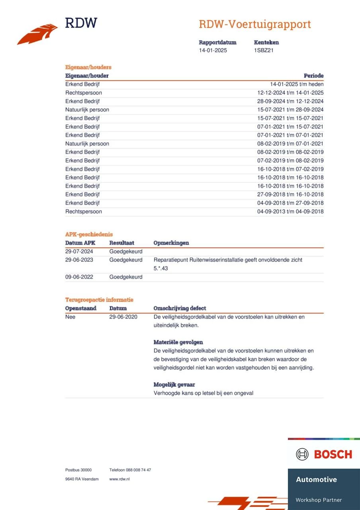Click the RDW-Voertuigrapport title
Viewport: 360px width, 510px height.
coord(254,24)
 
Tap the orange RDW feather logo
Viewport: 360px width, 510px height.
coord(37,34)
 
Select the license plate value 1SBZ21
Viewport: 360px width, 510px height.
coord(264,51)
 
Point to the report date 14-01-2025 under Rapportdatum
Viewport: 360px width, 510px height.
coord(213,51)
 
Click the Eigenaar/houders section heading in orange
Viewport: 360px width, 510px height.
coord(88,67)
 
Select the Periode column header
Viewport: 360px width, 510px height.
coord(313,76)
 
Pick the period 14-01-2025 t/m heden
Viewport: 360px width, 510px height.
coord(297,84)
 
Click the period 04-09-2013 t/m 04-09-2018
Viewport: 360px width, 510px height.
coord(290,212)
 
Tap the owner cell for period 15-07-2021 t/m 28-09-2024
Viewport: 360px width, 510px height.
coord(87,110)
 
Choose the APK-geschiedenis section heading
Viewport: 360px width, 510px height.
coord(89,234)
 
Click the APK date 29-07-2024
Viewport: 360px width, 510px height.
coord(79,251)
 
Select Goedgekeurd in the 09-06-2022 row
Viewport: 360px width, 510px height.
coord(126,277)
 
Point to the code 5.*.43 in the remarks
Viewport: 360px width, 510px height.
coord(160,269)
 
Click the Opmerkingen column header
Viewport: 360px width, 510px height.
coord(171,243)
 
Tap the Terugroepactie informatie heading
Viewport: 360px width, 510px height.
coord(99,300)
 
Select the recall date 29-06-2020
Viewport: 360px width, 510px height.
coord(123,317)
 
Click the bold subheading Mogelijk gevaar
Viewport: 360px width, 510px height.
coord(174,384)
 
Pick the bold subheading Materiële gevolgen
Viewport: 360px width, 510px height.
coord(178,342)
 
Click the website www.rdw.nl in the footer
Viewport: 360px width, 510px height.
coord(119,479)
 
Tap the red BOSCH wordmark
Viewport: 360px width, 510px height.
coord(333,454)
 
